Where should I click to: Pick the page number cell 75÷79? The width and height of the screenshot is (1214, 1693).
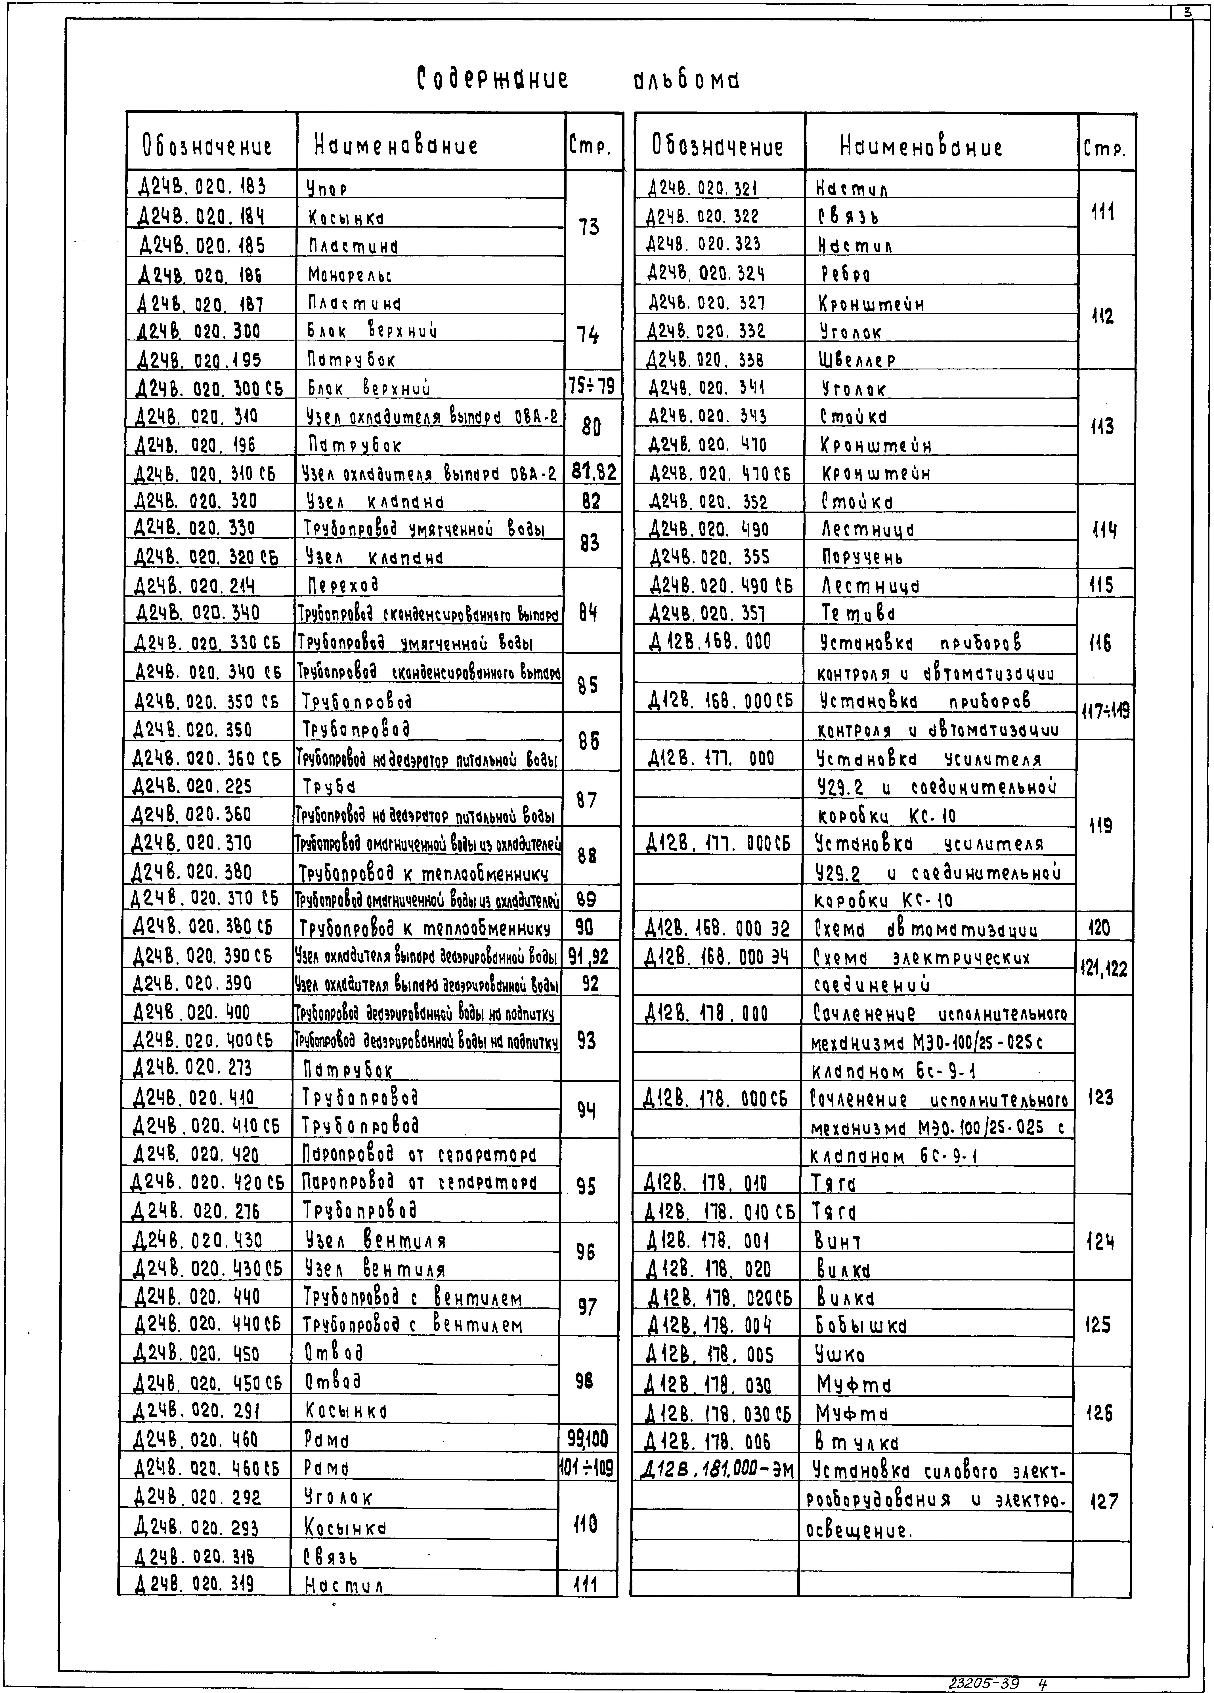pos(591,387)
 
